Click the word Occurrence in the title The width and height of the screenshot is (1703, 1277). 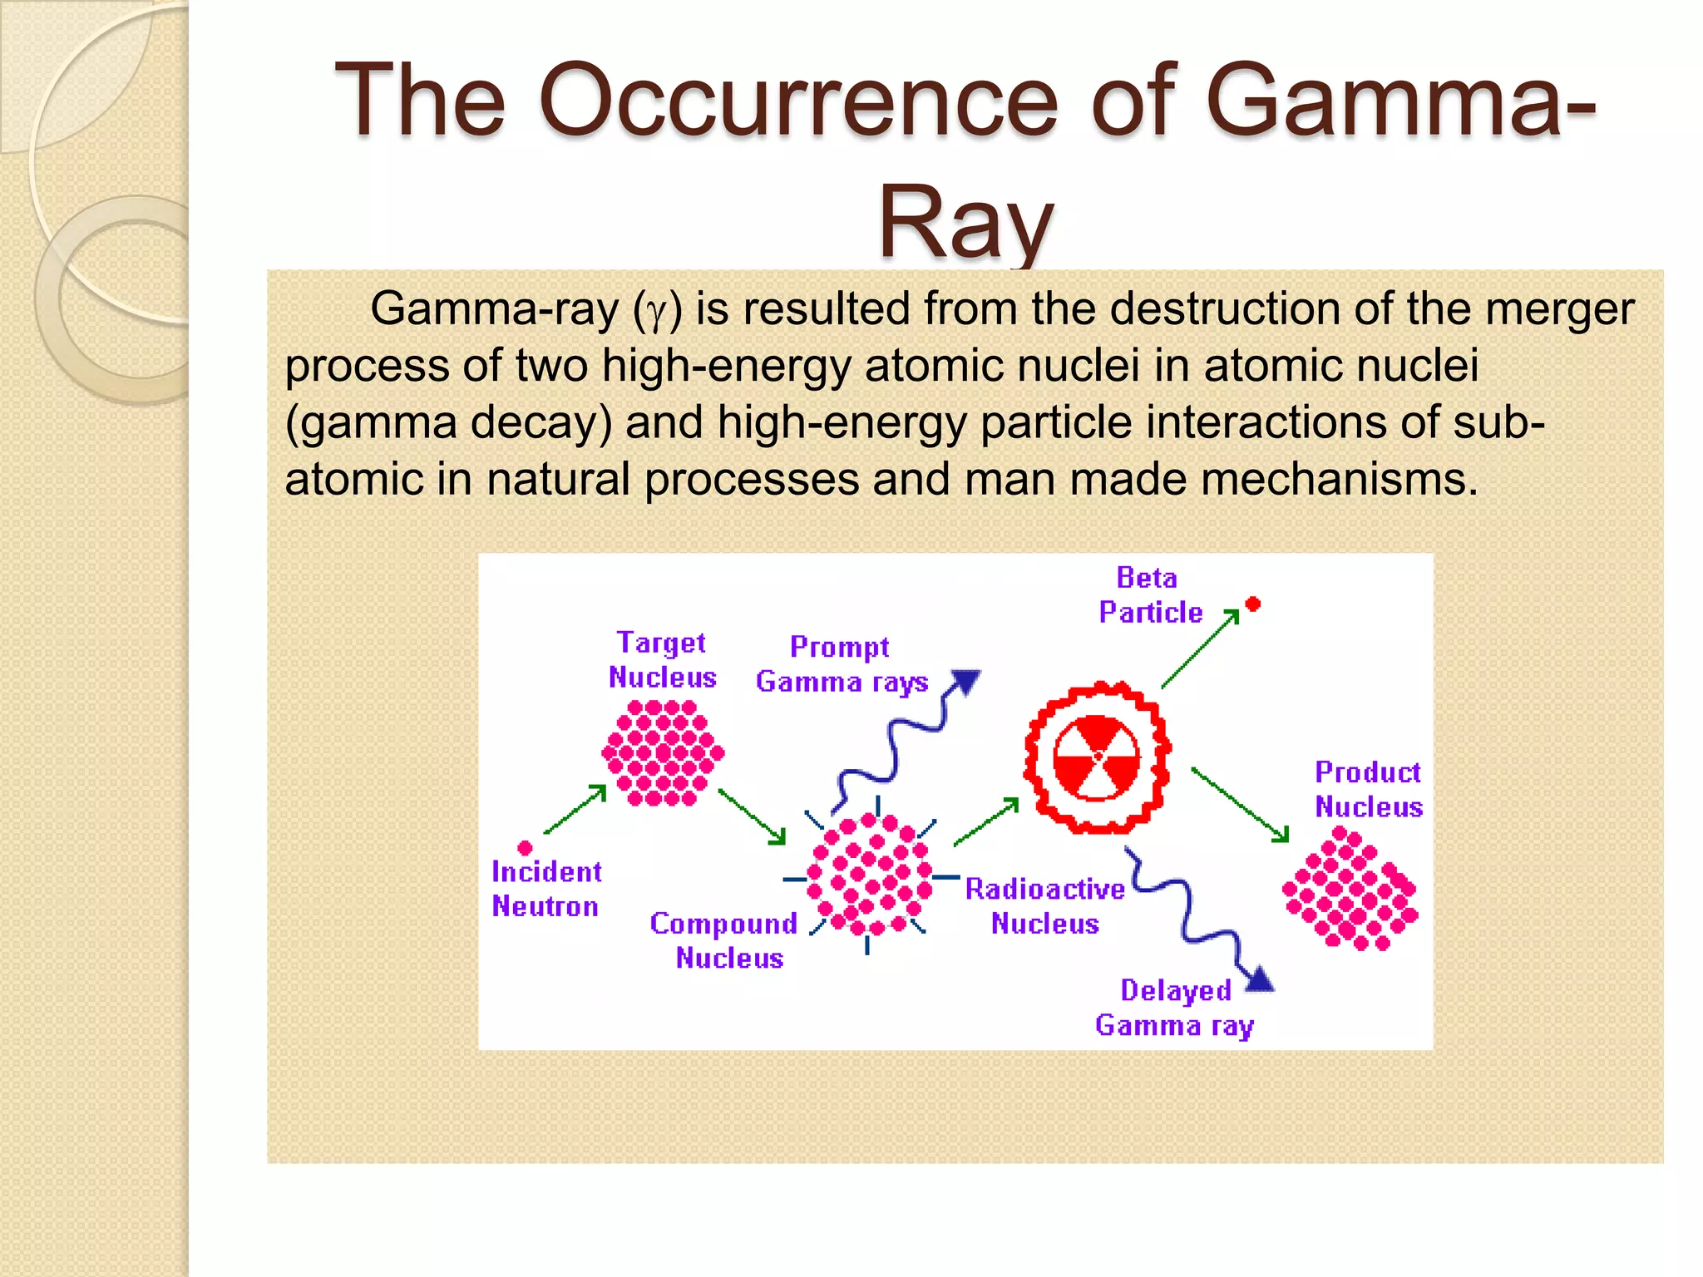(798, 101)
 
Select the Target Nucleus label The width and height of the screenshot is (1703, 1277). (662, 659)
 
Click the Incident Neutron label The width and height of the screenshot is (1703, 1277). (545, 889)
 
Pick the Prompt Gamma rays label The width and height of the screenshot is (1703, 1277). (842, 664)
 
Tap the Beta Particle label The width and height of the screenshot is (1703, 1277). (1150, 595)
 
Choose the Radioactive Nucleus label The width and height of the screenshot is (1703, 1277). (1045, 906)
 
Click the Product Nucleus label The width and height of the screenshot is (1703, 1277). (1368, 789)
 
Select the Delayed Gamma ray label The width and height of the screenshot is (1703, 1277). (1174, 1008)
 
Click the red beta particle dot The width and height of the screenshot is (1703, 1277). (1252, 604)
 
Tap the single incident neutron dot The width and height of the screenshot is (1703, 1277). (525, 848)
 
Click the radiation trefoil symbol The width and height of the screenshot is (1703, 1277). (1097, 757)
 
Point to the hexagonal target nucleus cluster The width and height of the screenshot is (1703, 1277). (663, 753)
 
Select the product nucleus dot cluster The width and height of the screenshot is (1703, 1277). (1350, 889)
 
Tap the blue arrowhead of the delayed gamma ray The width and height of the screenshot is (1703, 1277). (1260, 979)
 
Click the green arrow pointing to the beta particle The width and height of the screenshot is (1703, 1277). (1200, 649)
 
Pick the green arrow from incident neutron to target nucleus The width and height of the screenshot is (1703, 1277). (575, 808)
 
